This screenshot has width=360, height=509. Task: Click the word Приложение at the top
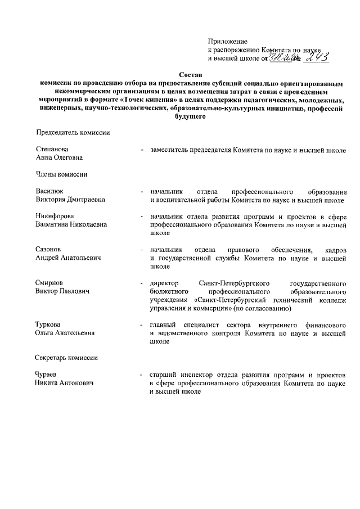coord(228,42)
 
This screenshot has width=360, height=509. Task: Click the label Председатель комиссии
coord(73,133)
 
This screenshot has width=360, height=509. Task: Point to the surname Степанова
coord(52,150)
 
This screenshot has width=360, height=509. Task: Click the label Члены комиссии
coord(61,174)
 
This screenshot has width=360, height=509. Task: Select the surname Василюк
coord(49,191)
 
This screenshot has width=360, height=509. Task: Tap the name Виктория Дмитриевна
coord(70,200)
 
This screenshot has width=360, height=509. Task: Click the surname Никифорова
coord(55,216)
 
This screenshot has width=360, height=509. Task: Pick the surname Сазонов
coord(48,249)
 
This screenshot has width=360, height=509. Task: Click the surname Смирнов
coord(49,282)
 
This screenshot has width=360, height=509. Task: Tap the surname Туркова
coord(48,325)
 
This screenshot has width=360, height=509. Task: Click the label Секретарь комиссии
coord(67,358)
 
